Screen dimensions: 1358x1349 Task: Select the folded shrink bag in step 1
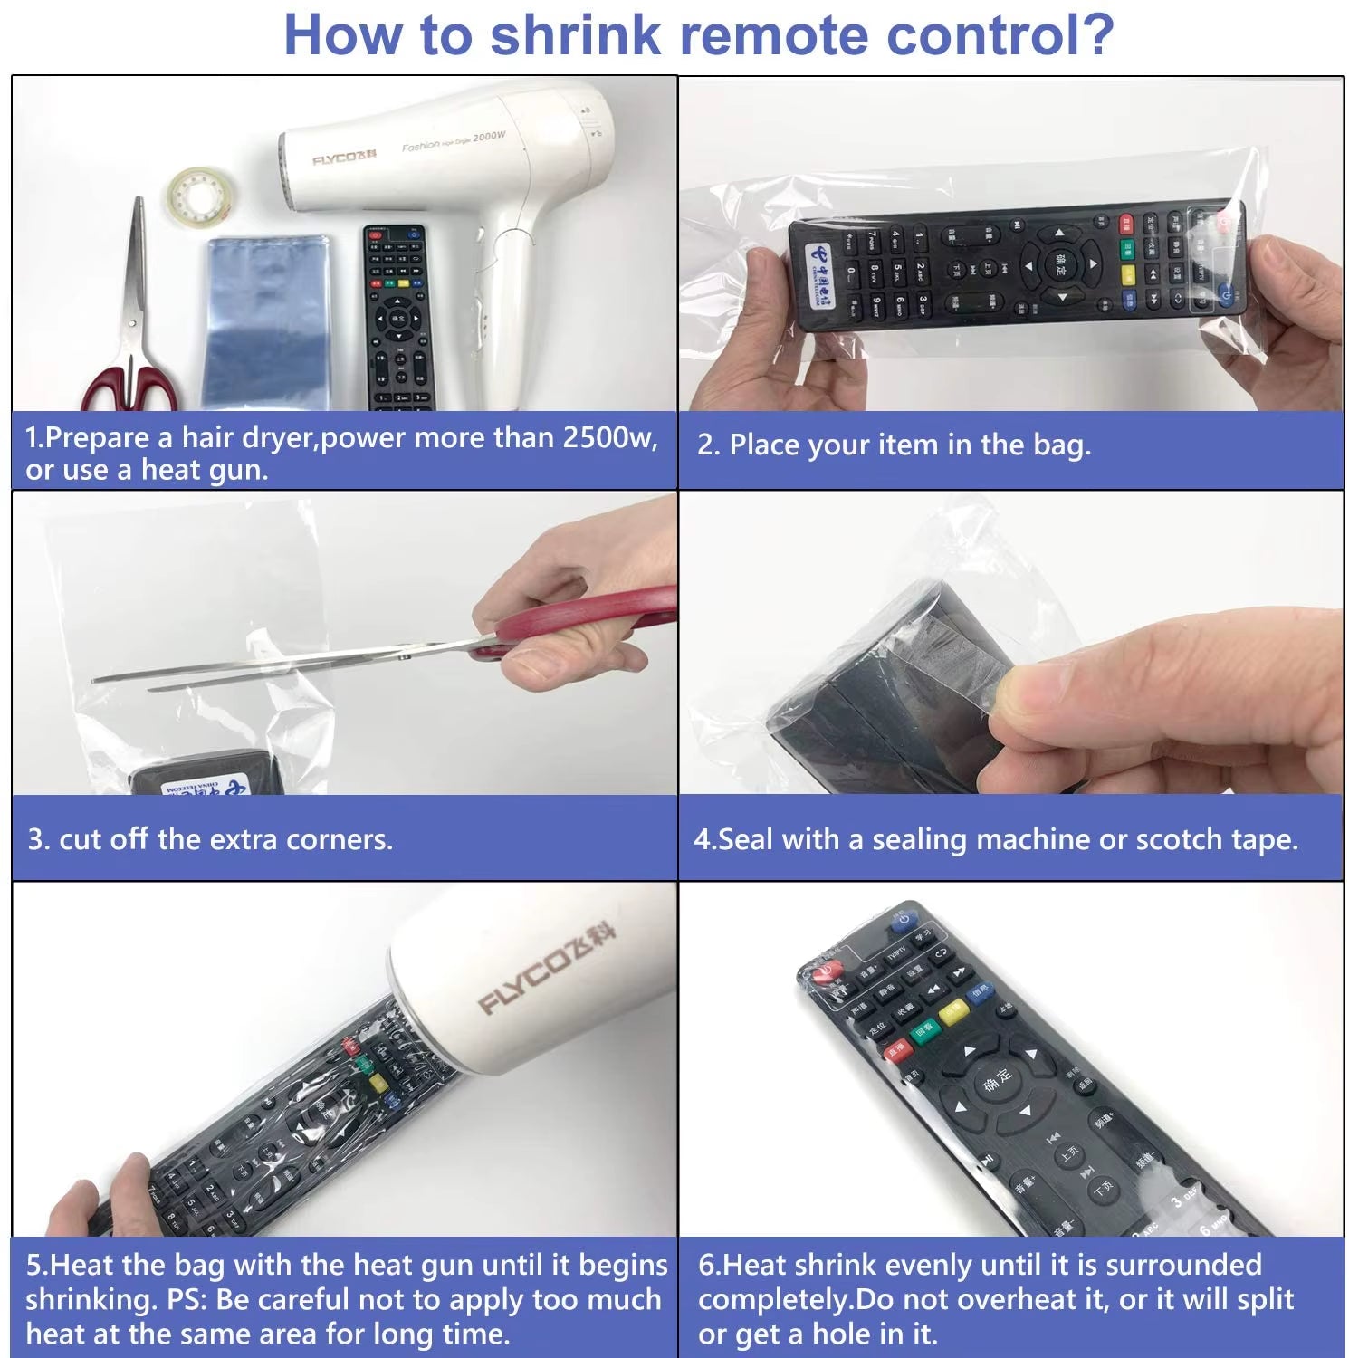click(266, 321)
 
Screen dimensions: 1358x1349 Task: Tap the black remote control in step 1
click(395, 317)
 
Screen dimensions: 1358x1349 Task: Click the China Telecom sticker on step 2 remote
click(824, 268)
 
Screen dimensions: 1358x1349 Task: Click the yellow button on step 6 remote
click(952, 1012)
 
